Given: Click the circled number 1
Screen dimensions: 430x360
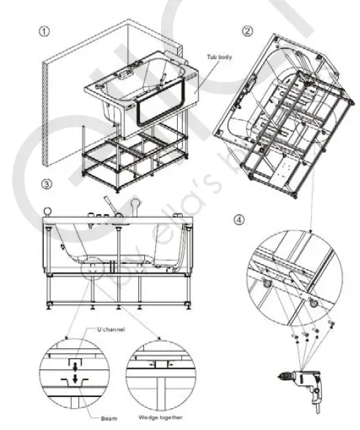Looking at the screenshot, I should [x=45, y=33].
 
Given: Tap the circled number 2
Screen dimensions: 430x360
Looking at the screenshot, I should [x=248, y=30].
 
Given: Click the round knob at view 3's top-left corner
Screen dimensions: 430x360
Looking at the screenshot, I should [x=47, y=213].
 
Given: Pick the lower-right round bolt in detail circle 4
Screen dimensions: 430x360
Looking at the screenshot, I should [x=314, y=302].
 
